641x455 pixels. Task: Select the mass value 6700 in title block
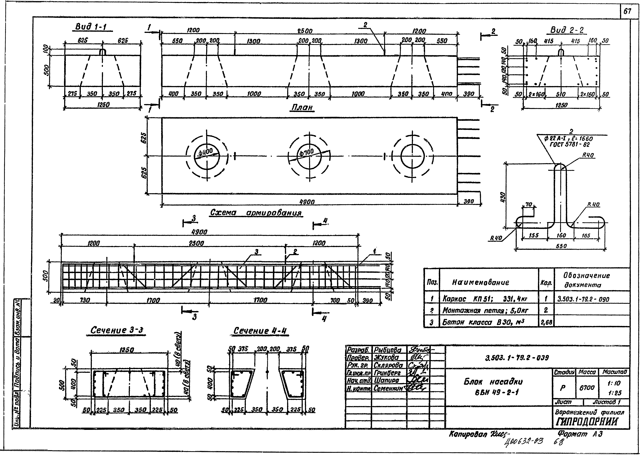(587, 388)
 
